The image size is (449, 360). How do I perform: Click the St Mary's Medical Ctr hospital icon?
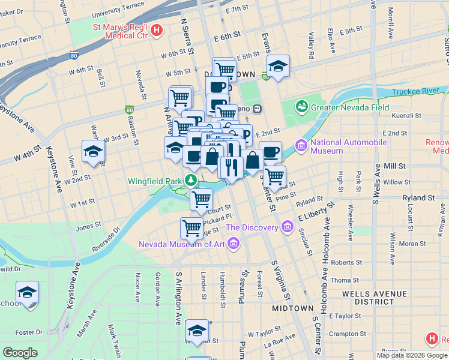tap(157, 30)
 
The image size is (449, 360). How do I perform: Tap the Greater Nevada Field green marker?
tap(301, 107)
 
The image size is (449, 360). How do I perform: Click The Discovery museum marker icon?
tap(287, 227)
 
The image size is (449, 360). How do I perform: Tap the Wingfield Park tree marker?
tap(191, 179)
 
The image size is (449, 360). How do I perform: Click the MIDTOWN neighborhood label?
tap(292, 308)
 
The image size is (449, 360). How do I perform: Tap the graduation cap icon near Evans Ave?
tap(278, 67)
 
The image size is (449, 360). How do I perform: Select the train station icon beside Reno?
tap(257, 109)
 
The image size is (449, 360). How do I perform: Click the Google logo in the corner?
tap(20, 353)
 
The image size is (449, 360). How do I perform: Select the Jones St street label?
tap(89, 226)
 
